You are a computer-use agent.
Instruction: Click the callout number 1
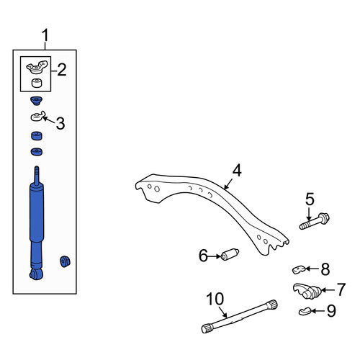point(45,36)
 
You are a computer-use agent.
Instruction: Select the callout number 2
point(62,70)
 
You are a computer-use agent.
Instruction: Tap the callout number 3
point(60,123)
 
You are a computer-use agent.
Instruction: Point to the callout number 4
point(237,170)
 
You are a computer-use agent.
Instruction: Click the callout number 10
point(215,300)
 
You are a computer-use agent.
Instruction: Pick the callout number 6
point(203,256)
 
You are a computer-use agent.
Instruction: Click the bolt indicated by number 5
point(315,221)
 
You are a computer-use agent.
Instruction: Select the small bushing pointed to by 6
point(230,254)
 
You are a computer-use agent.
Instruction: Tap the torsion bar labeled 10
point(240,317)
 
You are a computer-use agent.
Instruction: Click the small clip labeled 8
point(298,270)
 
